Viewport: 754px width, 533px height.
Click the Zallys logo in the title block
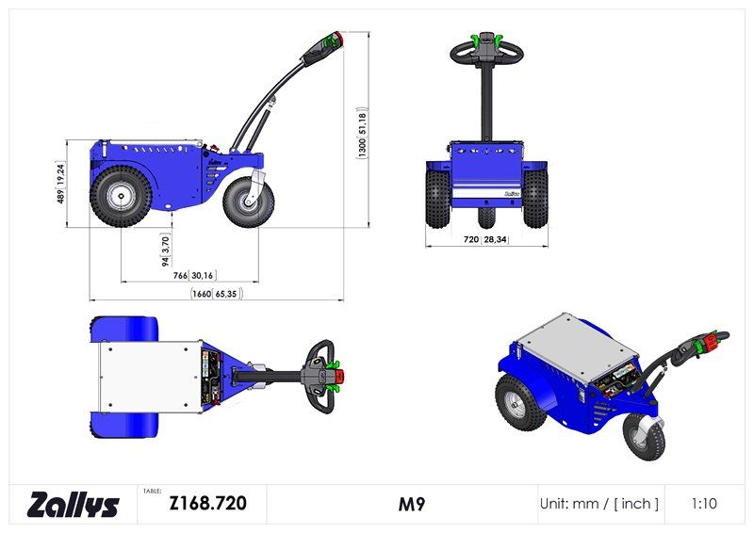(74, 505)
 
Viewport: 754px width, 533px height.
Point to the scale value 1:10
(703, 504)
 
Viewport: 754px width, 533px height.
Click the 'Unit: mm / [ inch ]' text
(599, 504)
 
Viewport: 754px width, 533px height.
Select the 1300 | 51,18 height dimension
(362, 134)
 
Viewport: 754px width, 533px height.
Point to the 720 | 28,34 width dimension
(485, 240)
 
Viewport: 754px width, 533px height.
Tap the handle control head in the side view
(331, 44)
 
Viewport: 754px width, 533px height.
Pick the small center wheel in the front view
(485, 217)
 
